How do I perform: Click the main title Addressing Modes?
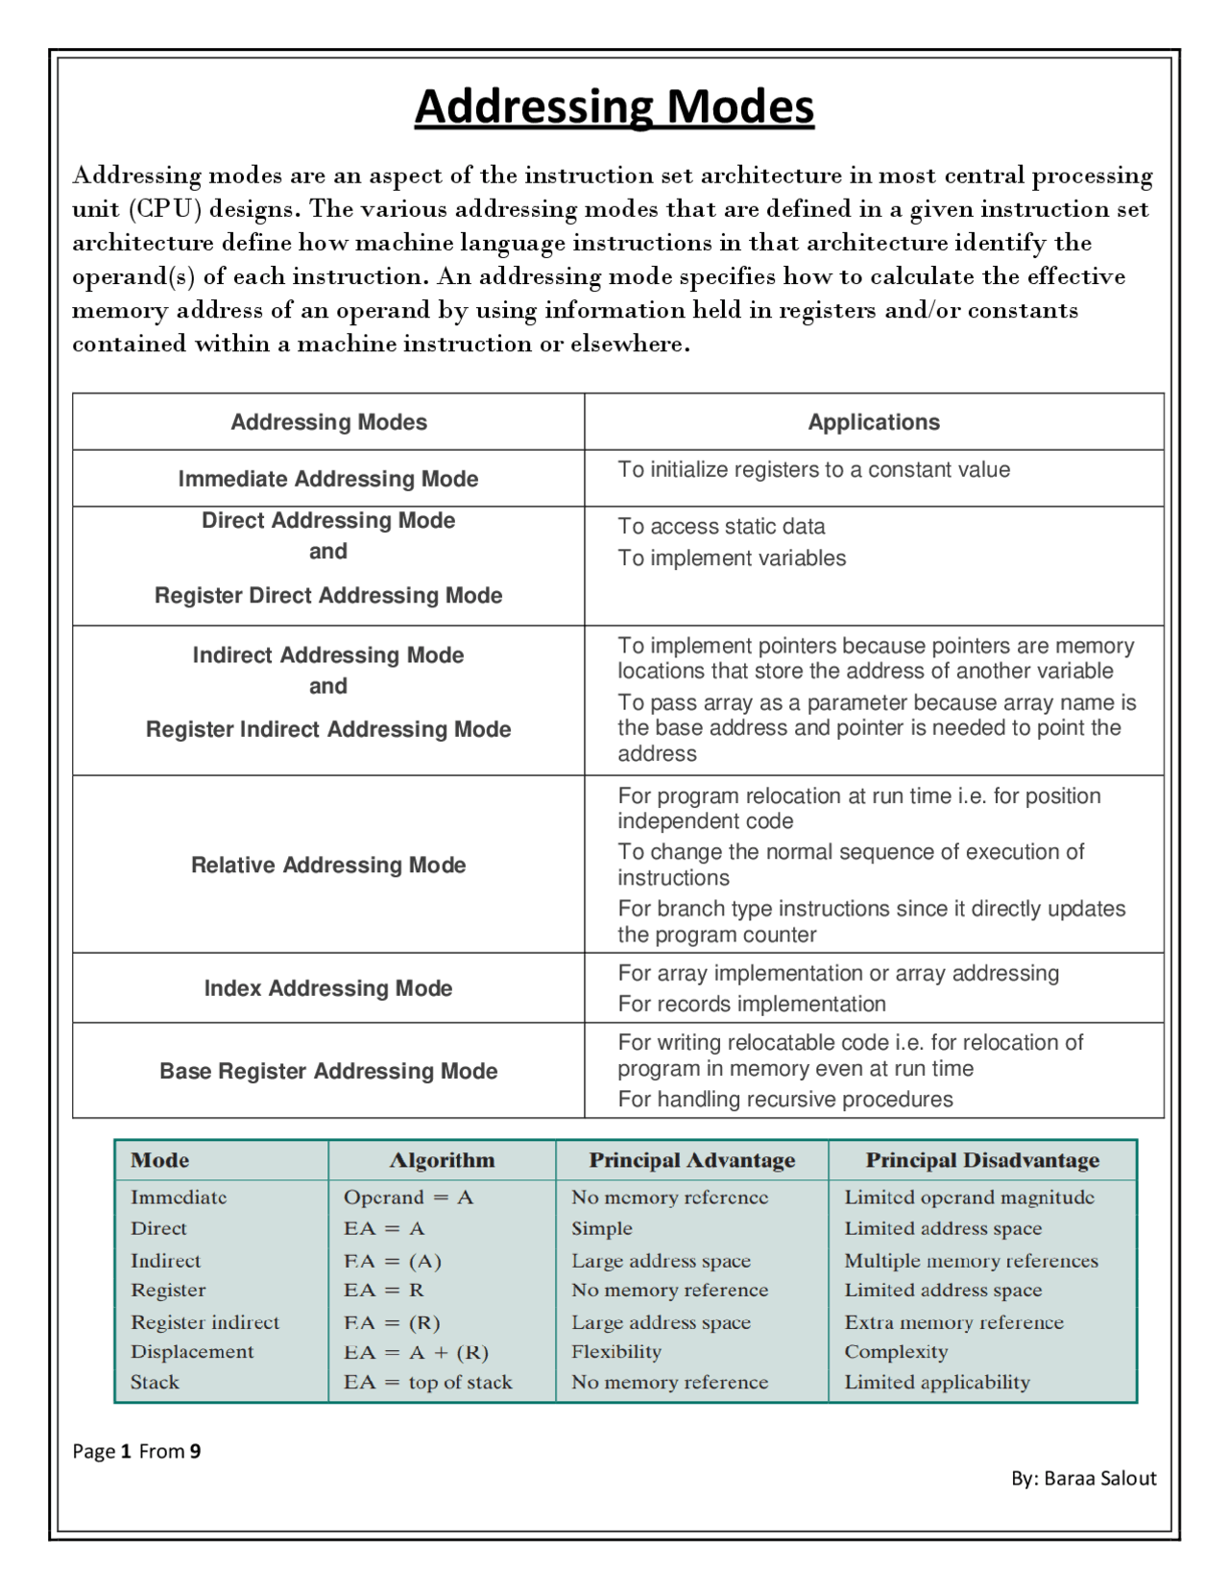[x=614, y=107]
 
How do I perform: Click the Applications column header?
[x=874, y=422]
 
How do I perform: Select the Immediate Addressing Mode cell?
[x=328, y=479]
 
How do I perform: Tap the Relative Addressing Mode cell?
[x=328, y=865]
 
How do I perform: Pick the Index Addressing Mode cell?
[x=328, y=988]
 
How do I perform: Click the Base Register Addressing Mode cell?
[x=328, y=1071]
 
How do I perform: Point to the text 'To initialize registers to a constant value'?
[x=813, y=469]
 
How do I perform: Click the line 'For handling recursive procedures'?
[x=784, y=1099]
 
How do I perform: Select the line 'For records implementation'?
[x=751, y=1004]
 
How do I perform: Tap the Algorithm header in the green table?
[x=442, y=1160]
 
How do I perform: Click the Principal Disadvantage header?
[x=982, y=1160]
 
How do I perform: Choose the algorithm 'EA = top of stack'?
[x=428, y=1382]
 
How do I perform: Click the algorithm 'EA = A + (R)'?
[x=417, y=1352]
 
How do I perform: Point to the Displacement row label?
[x=192, y=1351]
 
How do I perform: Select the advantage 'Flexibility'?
[x=616, y=1351]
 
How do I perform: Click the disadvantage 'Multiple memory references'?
[x=971, y=1261]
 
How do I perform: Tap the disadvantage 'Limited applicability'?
[x=937, y=1382]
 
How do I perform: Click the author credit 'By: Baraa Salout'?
[x=1083, y=1478]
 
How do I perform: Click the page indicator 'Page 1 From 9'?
[x=136, y=1451]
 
